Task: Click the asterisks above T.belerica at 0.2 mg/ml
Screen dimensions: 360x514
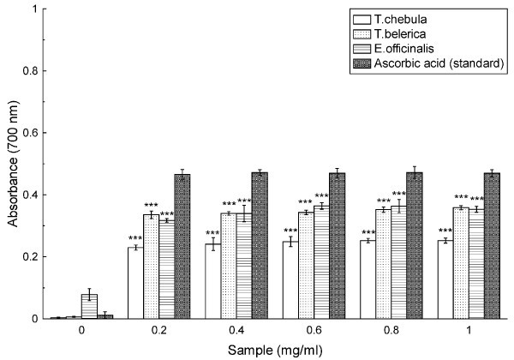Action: (x=151, y=205)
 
